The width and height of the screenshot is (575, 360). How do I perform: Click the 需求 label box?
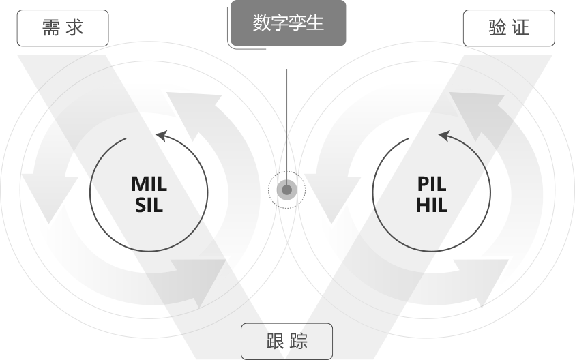63,29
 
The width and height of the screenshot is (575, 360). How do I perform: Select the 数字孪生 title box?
288,23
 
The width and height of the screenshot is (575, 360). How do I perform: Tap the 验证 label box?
509,29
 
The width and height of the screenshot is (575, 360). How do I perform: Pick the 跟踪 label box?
286,340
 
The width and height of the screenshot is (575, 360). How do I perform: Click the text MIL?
149,184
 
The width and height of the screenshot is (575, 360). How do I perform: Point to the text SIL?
149,205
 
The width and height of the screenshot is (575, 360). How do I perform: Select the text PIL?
432,184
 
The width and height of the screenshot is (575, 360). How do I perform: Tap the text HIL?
432,205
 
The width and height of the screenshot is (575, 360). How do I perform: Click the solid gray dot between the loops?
287,190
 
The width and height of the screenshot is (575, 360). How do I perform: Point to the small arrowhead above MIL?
161,136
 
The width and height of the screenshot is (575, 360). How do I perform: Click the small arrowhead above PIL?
444,136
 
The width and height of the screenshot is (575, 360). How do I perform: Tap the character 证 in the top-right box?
520,29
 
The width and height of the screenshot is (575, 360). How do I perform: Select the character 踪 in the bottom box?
298,340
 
